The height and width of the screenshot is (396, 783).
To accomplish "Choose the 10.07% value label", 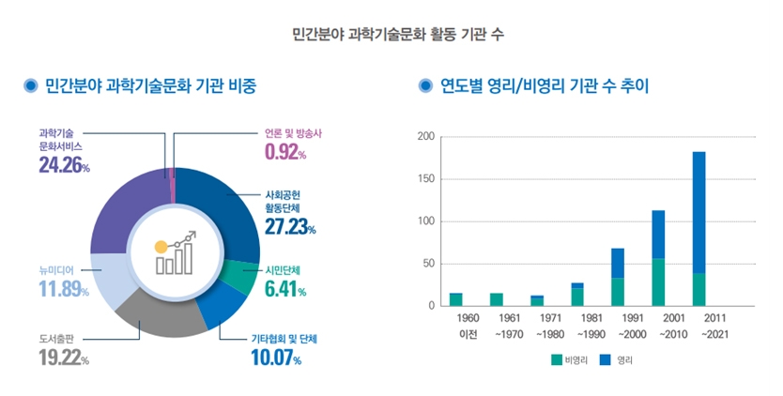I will pyautogui.click(x=276, y=358).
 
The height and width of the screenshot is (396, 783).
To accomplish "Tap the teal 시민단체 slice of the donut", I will pyautogui.click(x=246, y=274).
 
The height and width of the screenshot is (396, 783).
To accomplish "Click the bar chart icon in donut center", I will pyautogui.click(x=176, y=253).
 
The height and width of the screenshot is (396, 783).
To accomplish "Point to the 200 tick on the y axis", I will pyautogui.click(x=425, y=137).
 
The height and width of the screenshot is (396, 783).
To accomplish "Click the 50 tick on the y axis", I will pyautogui.click(x=428, y=264).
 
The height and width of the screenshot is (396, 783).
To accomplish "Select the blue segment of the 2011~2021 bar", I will pyautogui.click(x=699, y=212).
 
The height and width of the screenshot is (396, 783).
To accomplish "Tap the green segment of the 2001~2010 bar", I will pyautogui.click(x=658, y=282).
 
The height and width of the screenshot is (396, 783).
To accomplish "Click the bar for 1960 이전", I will pyautogui.click(x=456, y=299).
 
